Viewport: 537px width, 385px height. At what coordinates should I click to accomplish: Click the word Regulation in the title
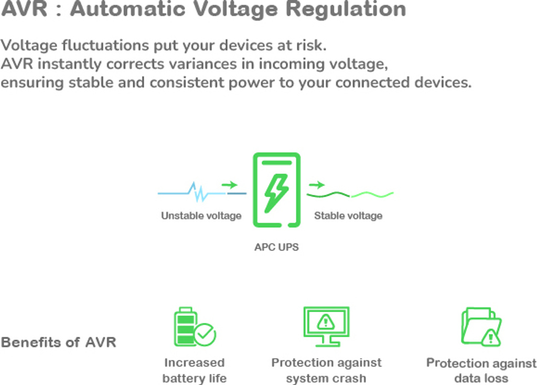(346, 9)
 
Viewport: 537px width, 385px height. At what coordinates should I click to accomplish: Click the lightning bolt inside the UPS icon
(276, 194)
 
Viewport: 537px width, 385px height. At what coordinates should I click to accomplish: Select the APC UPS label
(276, 247)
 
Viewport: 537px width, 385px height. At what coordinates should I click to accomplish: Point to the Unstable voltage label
(201, 216)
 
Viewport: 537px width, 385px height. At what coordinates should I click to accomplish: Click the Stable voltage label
(348, 216)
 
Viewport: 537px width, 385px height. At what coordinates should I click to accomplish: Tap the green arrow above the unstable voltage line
(230, 185)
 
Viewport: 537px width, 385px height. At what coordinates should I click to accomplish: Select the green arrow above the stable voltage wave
(317, 185)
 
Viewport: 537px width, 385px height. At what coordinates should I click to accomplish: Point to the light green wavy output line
(373, 195)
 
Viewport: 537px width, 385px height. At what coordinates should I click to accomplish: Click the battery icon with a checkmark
(195, 326)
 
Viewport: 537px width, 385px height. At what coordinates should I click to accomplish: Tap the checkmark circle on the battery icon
(205, 334)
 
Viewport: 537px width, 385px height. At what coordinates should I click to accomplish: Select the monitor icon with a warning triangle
(326, 326)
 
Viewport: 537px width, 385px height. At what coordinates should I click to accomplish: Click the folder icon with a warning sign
(481, 326)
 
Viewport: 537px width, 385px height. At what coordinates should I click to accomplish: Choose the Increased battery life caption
(195, 371)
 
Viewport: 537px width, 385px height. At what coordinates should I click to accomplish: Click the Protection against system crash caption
(326, 371)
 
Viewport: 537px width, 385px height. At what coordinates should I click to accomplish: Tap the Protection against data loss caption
(481, 371)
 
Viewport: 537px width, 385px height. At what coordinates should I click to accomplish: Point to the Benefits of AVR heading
(59, 342)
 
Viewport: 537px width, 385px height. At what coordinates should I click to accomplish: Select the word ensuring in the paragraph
(32, 83)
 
